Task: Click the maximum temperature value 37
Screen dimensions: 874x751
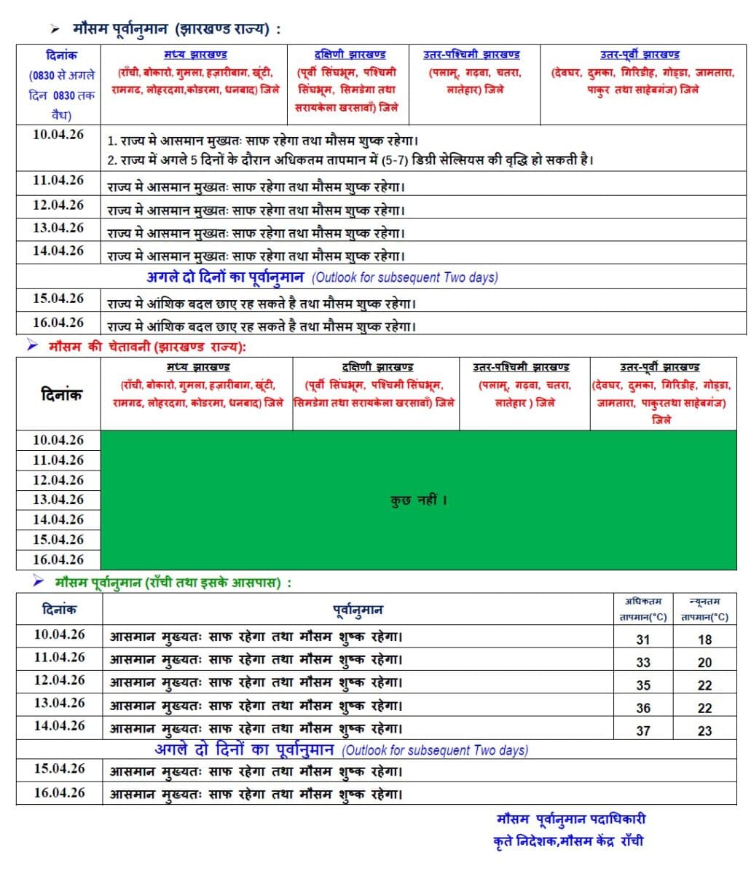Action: [642, 730]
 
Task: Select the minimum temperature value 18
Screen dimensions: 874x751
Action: [704, 639]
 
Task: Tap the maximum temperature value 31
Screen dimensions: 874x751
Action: [642, 639]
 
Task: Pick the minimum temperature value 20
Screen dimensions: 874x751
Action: [704, 662]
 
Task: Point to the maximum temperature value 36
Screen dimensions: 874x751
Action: [642, 707]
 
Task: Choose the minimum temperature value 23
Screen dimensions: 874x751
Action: [704, 730]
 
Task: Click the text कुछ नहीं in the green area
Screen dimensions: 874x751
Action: [418, 500]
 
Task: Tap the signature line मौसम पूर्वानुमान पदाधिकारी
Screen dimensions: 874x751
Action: [570, 819]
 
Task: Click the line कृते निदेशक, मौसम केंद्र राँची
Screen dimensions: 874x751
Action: [568, 841]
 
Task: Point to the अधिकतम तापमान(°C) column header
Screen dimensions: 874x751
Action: [642, 609]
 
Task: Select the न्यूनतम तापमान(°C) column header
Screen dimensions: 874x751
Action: [704, 609]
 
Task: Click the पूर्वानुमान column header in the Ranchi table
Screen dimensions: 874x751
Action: [358, 610]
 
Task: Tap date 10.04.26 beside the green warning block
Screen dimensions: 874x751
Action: [58, 440]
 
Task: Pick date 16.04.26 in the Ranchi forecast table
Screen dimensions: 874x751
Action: [59, 792]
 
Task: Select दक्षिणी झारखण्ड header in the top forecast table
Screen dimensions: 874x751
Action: [350, 55]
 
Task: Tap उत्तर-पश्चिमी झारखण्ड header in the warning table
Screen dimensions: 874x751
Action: [521, 367]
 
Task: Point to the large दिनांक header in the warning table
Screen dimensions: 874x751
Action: [61, 394]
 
